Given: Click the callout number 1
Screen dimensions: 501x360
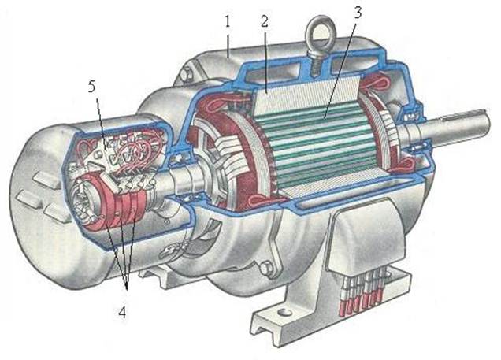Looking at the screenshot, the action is [x=228, y=22].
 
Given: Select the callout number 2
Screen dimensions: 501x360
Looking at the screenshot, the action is [x=265, y=21].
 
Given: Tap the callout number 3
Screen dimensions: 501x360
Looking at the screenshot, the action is [x=358, y=13].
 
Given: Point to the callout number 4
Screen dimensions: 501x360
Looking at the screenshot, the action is [x=122, y=312].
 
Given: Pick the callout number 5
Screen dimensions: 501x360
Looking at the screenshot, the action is [x=91, y=87].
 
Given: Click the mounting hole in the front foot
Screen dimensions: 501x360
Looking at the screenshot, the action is [x=283, y=311].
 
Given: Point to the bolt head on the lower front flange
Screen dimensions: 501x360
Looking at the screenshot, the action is [x=265, y=268].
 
